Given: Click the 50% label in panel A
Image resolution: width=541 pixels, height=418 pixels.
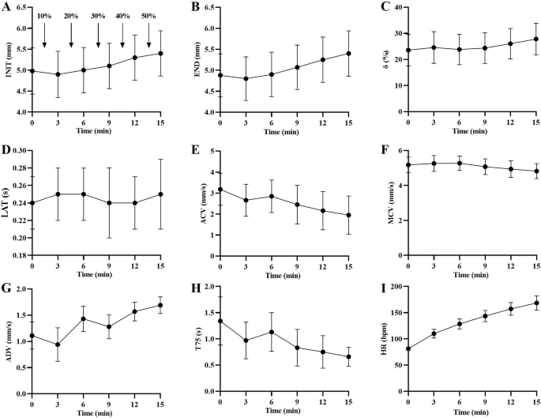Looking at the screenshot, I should (x=148, y=16).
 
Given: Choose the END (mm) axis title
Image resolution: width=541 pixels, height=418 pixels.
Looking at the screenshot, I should (x=193, y=59).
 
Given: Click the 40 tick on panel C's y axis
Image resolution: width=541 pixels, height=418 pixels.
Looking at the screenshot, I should (x=395, y=7).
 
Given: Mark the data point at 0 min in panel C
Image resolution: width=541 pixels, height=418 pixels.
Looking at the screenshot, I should (x=408, y=51).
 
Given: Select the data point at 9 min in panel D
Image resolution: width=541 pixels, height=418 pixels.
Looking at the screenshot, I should (x=110, y=202).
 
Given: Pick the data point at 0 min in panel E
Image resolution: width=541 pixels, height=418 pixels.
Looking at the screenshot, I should (x=219, y=190).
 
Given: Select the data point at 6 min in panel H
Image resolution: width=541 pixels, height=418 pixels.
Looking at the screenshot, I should (x=271, y=332).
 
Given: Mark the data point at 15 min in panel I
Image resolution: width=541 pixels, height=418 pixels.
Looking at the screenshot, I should (x=536, y=303).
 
